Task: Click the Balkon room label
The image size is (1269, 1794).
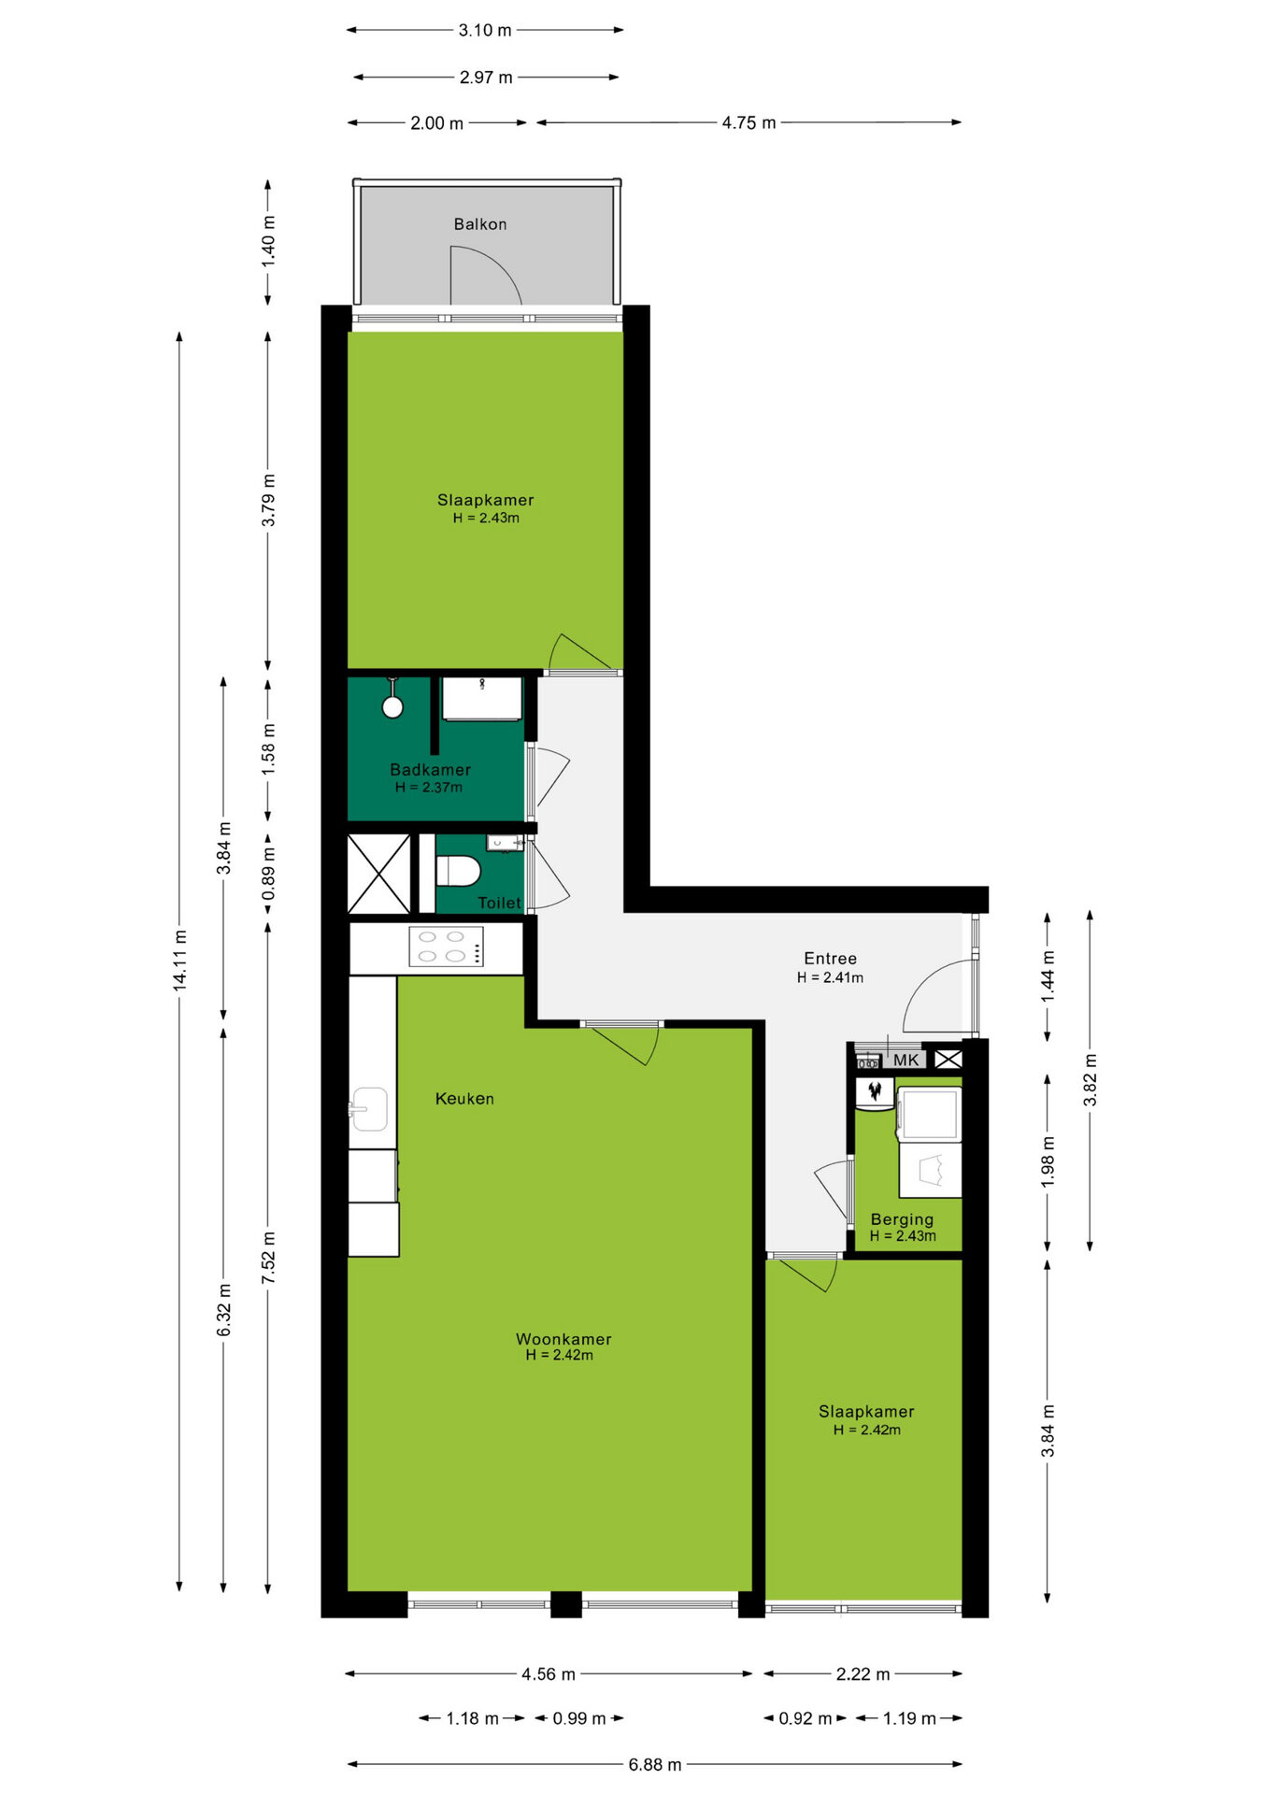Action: pyautogui.click(x=480, y=224)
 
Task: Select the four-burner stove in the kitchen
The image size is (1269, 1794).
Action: pyautogui.click(x=446, y=946)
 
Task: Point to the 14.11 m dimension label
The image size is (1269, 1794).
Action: pyautogui.click(x=180, y=961)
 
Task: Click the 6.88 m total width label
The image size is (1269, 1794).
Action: pyautogui.click(x=655, y=1764)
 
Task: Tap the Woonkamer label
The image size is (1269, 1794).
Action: pyautogui.click(x=563, y=1339)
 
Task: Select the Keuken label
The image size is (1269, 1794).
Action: pyautogui.click(x=464, y=1099)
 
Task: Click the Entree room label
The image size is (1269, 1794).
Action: pyautogui.click(x=830, y=959)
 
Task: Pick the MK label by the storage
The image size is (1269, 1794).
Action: pyautogui.click(x=905, y=1061)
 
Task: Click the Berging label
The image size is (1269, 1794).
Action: pyautogui.click(x=902, y=1219)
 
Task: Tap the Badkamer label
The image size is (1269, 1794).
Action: pyautogui.click(x=430, y=770)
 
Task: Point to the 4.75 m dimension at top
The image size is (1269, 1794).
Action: pyautogui.click(x=749, y=122)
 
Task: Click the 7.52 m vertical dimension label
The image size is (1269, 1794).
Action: pyautogui.click(x=268, y=1258)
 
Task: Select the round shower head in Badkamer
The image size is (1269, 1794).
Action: pyautogui.click(x=392, y=706)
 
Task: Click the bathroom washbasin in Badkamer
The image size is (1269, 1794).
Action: pyautogui.click(x=481, y=699)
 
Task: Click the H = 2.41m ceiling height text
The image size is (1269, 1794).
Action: pyautogui.click(x=830, y=977)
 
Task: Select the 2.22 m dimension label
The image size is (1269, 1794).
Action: pyautogui.click(x=863, y=1674)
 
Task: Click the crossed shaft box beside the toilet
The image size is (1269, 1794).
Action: pyautogui.click(x=378, y=874)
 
